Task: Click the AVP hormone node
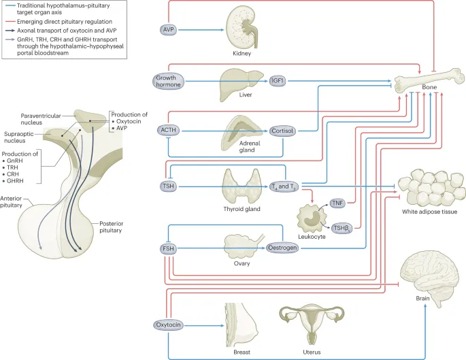(x=169, y=29)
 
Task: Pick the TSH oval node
(x=167, y=185)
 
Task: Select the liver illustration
(x=237, y=85)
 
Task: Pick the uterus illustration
(x=313, y=326)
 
